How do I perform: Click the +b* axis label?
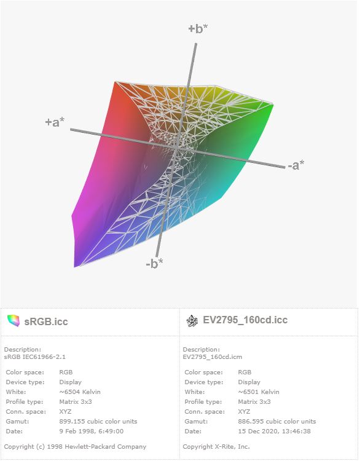coord(198,28)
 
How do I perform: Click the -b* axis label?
coord(154,264)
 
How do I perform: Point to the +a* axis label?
coord(55,122)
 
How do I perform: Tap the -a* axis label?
coord(295,165)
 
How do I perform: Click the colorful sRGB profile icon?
coord(14,320)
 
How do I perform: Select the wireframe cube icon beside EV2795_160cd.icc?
coord(192,321)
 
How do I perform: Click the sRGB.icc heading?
coord(46,321)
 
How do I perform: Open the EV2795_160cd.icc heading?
coord(245,320)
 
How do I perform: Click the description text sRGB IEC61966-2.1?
coord(34,357)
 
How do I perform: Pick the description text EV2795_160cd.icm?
coord(212,357)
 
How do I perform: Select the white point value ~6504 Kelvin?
coord(80,392)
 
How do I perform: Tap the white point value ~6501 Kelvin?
coord(259,392)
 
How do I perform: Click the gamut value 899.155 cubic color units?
coord(98,421)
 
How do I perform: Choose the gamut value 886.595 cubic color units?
coord(277,421)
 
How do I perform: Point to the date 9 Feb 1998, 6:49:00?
coord(92,431)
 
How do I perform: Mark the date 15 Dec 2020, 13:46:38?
coord(274,431)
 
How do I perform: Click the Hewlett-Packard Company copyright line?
coord(75,447)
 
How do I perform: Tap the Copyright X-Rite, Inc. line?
coord(216,447)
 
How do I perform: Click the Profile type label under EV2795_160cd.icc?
coord(203,402)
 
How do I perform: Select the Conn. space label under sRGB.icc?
coord(26,412)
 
